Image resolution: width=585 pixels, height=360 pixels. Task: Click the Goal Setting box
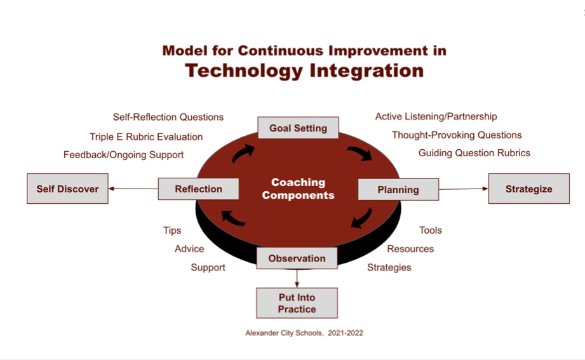298,128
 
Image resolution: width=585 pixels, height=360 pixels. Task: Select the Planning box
398,189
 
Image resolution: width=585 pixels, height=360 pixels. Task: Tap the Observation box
297,258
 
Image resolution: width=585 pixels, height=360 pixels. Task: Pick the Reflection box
198,189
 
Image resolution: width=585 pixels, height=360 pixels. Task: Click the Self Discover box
67,189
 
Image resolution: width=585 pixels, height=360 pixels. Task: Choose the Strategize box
529,189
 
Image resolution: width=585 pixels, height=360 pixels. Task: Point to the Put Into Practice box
297,303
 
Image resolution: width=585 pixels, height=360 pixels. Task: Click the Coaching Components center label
299,189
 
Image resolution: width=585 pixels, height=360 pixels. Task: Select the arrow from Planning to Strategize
464,189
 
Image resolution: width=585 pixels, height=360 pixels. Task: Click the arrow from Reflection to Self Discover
133,189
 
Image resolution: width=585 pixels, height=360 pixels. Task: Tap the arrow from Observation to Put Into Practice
297,278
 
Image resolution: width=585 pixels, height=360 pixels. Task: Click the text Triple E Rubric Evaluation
146,137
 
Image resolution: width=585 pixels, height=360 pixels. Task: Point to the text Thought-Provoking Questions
457,135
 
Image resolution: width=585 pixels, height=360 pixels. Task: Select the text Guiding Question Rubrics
474,153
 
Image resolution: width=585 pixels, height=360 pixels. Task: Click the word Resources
410,249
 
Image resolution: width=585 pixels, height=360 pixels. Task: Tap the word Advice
189,249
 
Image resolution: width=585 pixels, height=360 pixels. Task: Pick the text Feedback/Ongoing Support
123,155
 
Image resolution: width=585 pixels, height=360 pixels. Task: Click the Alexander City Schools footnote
304,333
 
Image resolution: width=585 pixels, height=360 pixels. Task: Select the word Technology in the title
244,70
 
